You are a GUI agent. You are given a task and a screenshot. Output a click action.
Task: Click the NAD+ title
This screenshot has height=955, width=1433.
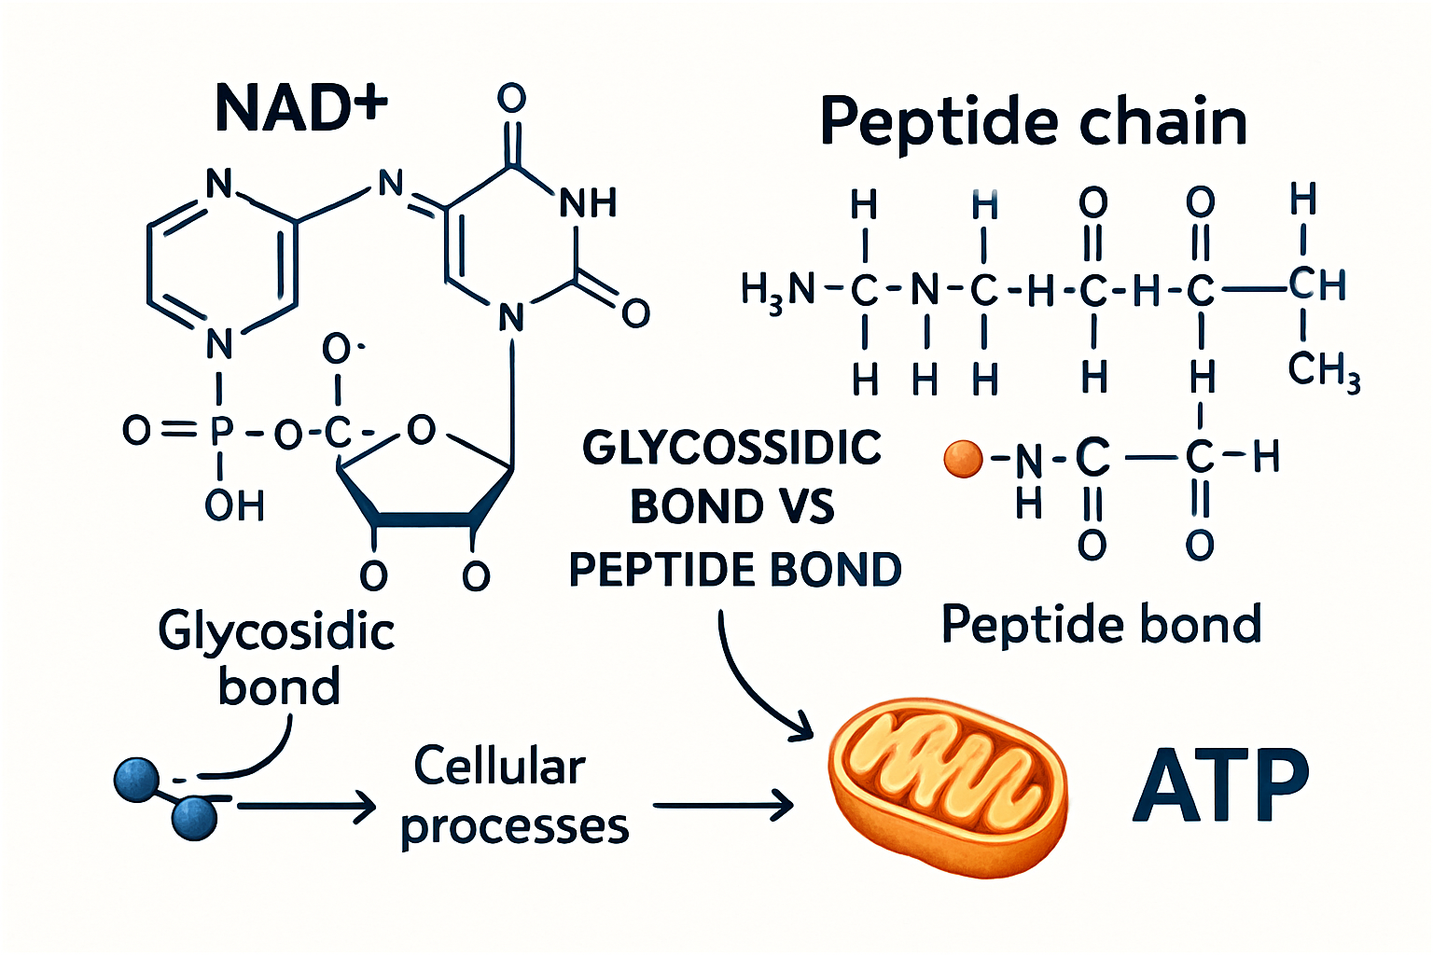[x=300, y=107]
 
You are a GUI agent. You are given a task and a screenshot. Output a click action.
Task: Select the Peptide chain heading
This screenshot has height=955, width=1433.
[x=1033, y=122]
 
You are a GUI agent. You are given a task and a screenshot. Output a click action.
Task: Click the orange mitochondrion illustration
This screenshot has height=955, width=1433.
[x=947, y=788]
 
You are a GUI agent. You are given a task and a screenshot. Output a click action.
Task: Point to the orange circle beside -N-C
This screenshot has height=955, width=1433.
[x=964, y=459]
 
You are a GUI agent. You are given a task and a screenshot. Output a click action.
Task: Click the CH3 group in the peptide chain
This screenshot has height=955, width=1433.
[x=1323, y=370]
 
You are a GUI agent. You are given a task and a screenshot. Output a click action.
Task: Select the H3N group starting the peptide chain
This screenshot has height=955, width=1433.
[x=777, y=290]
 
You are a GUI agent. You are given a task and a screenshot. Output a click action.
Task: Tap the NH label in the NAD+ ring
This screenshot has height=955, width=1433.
[x=588, y=202]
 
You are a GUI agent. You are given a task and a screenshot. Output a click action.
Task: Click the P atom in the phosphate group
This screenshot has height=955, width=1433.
[x=221, y=431]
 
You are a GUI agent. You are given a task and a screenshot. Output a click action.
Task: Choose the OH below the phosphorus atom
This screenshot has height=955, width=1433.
[x=234, y=506]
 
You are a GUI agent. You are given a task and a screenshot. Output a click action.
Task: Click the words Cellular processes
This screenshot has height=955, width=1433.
[x=513, y=796]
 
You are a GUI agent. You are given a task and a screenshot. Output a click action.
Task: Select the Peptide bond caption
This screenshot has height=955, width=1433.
[x=1101, y=625]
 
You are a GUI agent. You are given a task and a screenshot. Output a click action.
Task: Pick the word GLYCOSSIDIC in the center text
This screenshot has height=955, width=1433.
[x=732, y=449]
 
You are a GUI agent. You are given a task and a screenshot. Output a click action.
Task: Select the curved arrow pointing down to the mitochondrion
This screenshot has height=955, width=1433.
[x=751, y=681]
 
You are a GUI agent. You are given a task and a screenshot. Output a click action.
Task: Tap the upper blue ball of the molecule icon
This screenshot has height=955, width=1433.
[x=137, y=780]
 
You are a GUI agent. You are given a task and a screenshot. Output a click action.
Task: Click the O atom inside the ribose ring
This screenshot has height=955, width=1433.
[x=422, y=430]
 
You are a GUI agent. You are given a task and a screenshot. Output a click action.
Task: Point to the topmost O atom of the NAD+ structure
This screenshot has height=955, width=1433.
[x=511, y=98]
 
